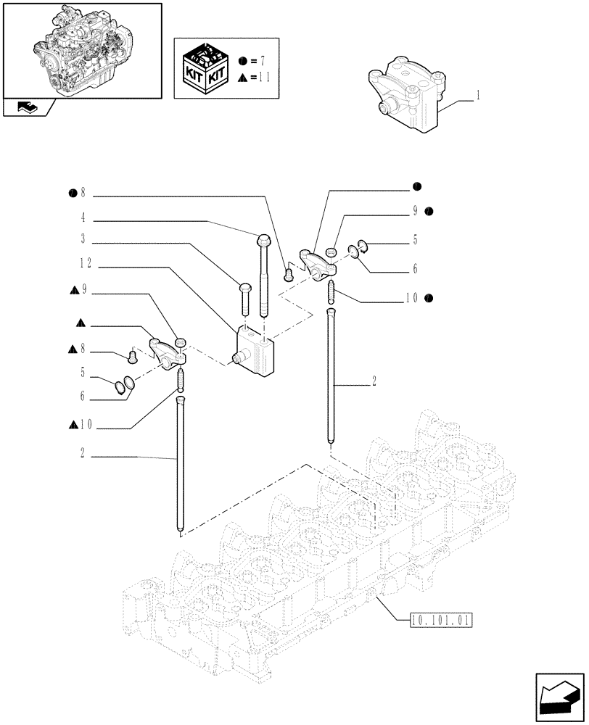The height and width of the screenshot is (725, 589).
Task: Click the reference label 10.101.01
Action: (440, 620)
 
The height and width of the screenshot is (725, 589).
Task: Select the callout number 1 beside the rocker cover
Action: (479, 95)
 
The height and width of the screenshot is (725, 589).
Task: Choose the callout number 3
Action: (84, 238)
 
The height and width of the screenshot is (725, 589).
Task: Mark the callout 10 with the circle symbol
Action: (413, 298)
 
